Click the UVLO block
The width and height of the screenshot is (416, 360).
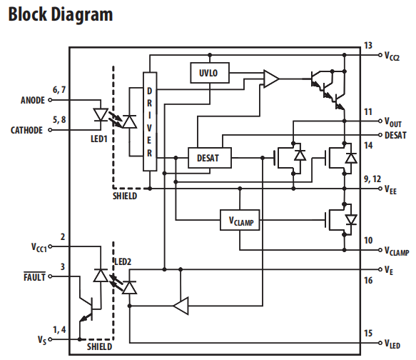click(210, 73)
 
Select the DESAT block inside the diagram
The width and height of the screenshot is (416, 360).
click(210, 158)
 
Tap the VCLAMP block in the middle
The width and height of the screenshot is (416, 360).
click(240, 220)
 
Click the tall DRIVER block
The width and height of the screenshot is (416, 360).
click(150, 121)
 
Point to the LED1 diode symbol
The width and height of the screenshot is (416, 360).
click(101, 115)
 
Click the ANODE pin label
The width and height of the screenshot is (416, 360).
click(33, 100)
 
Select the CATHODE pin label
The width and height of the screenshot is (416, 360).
click(26, 130)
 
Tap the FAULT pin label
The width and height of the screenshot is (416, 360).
click(34, 277)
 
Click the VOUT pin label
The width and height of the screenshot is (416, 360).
click(393, 122)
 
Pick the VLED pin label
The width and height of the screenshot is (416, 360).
click(392, 344)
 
